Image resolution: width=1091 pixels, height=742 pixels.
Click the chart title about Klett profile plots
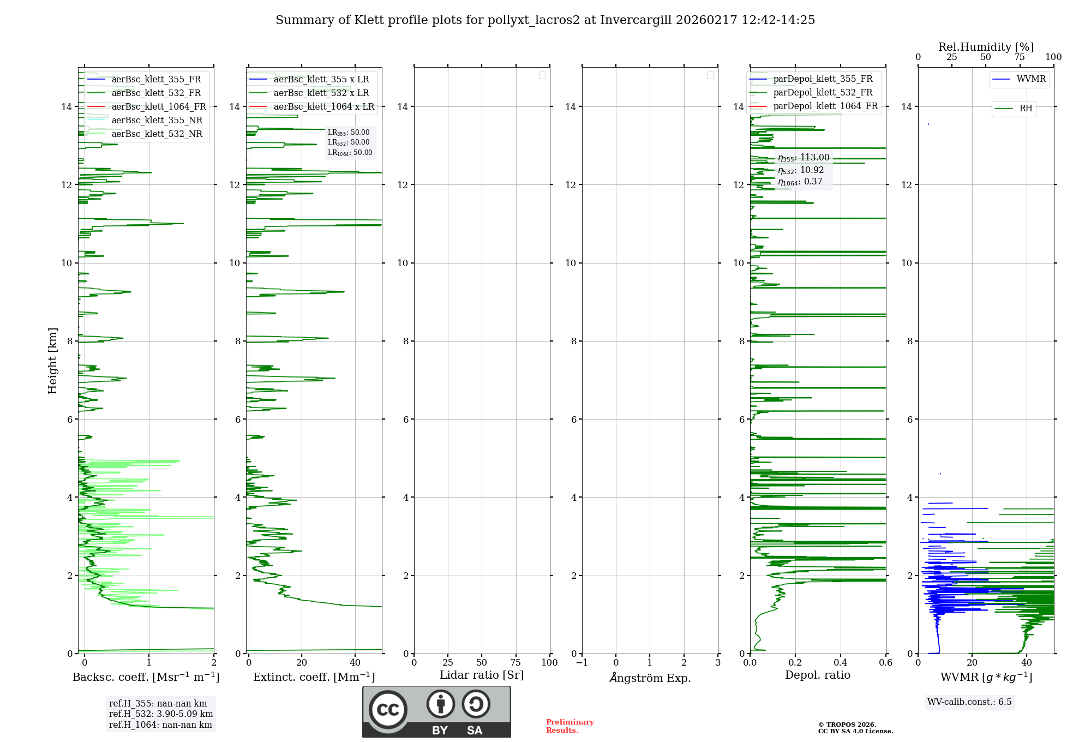pos(545,20)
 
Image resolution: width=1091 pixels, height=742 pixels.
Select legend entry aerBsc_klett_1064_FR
pos(159,107)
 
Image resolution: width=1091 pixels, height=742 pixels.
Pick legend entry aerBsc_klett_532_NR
pos(157,134)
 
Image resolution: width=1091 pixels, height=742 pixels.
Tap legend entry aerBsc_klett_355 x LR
pos(321,80)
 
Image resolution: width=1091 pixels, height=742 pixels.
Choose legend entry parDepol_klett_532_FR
pos(823,93)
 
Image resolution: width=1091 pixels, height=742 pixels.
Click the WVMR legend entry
pos(1031,79)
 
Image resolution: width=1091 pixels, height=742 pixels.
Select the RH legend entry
pos(1026,109)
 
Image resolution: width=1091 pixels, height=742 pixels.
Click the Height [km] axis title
pos(52,361)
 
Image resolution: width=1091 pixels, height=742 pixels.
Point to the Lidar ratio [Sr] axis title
pos(482,675)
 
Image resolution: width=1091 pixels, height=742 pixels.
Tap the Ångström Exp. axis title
pos(650,678)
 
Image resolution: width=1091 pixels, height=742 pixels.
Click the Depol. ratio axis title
pos(817,675)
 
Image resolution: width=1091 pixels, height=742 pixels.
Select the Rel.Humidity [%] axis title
pos(986,47)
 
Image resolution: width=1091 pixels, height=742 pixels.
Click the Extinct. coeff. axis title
pos(314,677)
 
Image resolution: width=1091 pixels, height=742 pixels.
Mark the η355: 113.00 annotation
pos(804,158)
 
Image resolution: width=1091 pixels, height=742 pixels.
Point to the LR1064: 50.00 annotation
pos(350,153)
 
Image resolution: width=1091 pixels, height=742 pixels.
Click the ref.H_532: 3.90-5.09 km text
pos(161,714)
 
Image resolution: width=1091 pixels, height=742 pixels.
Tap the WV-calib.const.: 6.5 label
pos(969,702)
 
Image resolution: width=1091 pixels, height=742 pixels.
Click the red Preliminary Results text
pos(570,726)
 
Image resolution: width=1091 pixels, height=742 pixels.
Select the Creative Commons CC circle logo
pos(388,710)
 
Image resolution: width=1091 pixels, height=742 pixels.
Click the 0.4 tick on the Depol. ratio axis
pos(841,663)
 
